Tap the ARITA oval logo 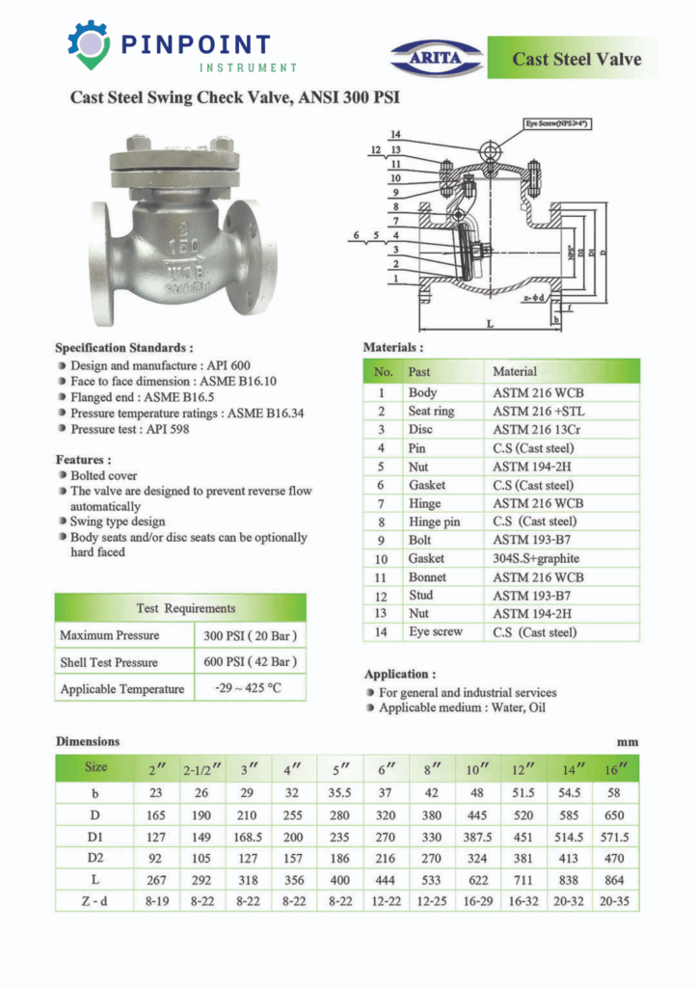coord(436,58)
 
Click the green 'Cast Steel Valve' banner coord(572,57)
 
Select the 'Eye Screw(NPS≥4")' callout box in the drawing coord(557,123)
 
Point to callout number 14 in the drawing coord(395,134)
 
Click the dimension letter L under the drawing coord(490,324)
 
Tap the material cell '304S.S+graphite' coord(536,558)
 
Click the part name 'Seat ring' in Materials coord(431,411)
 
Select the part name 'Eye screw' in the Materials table coord(436,631)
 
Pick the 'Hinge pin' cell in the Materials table coord(434,521)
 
